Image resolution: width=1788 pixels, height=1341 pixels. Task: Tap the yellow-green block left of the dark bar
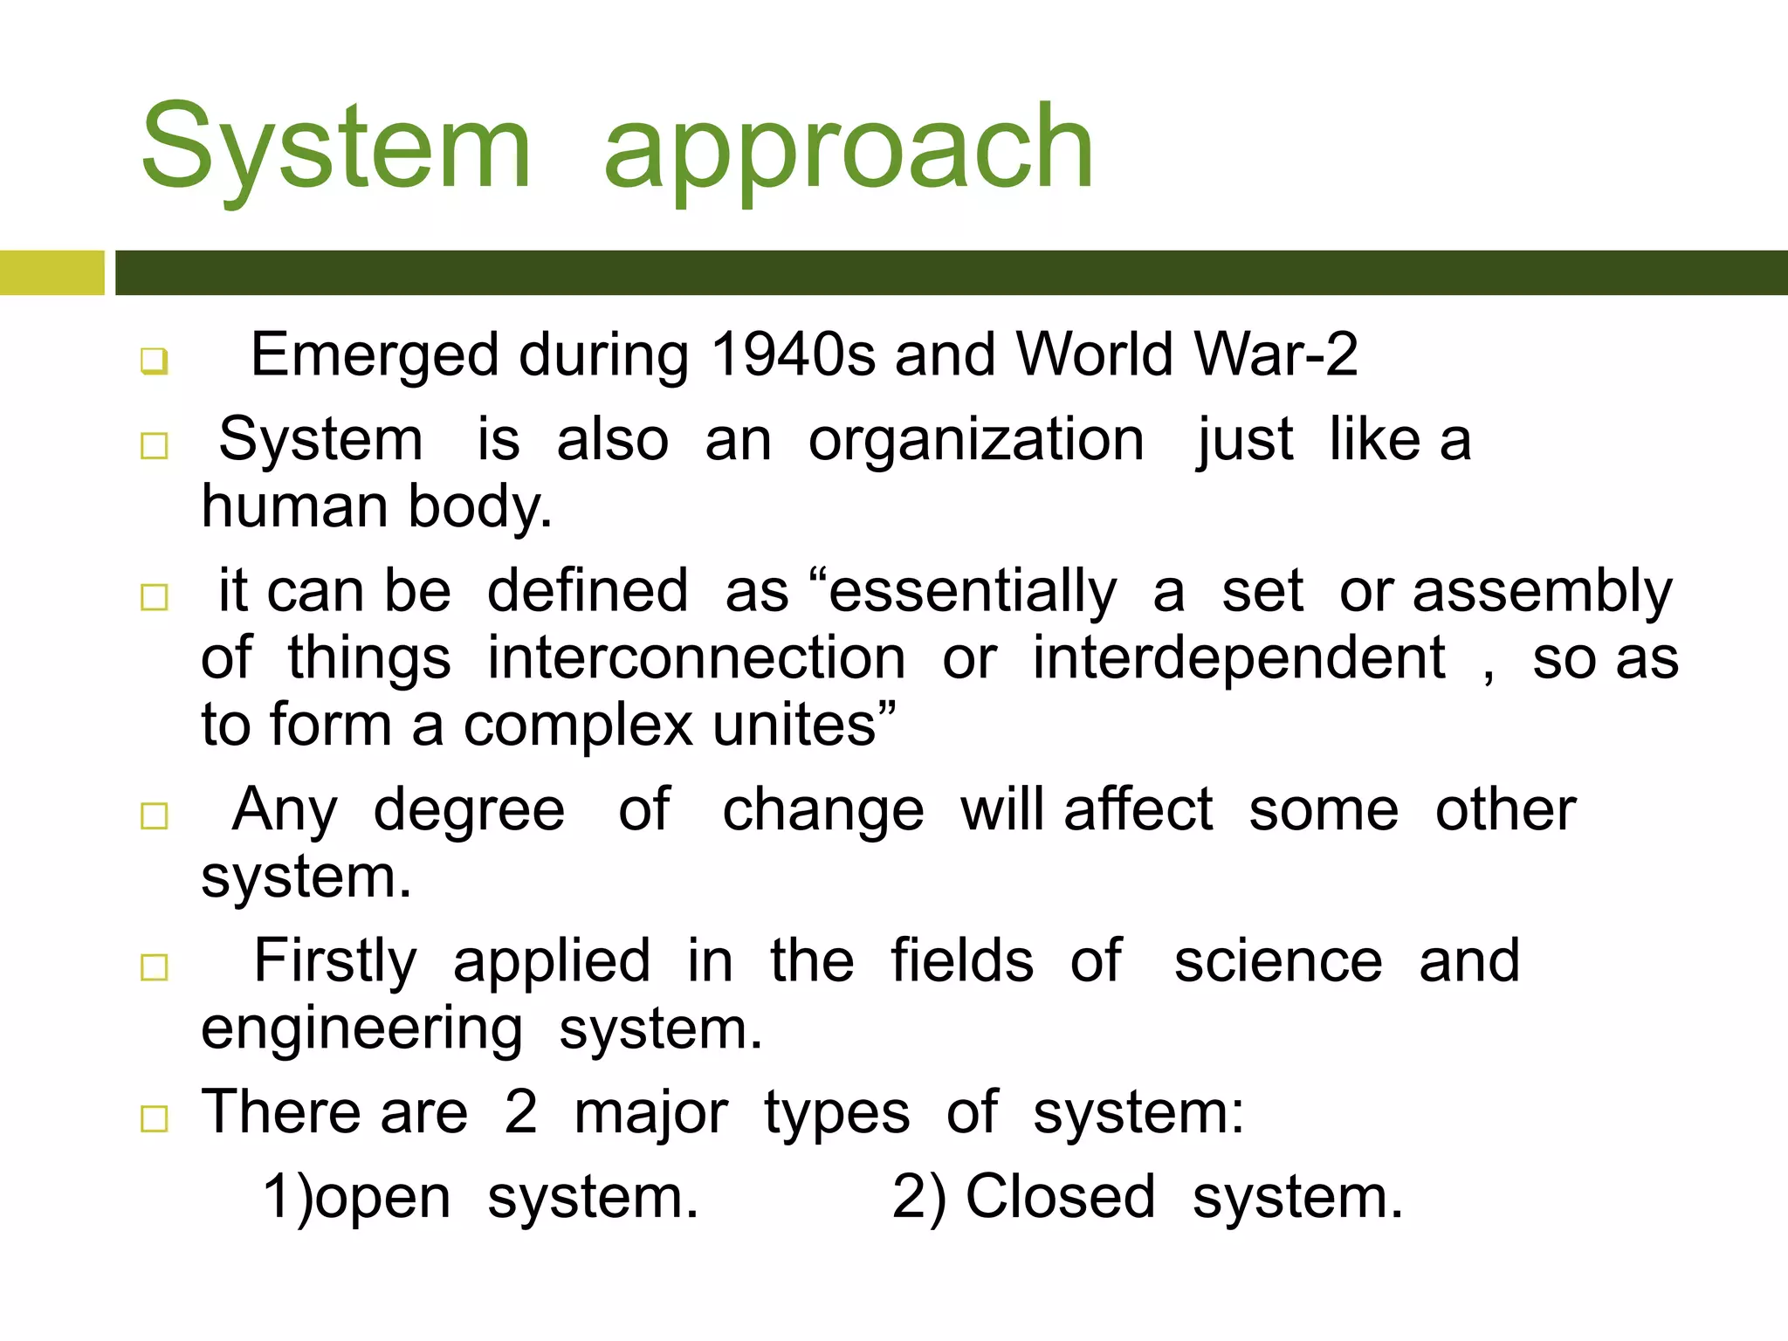point(52,272)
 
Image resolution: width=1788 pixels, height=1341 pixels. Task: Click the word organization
point(975,439)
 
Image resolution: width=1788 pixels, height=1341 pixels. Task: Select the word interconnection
point(696,657)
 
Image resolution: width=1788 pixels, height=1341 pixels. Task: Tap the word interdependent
point(1238,657)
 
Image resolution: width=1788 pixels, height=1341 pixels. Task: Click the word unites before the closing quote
point(794,725)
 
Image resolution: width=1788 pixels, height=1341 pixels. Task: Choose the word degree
point(469,810)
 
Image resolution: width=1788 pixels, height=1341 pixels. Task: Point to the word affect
point(1138,808)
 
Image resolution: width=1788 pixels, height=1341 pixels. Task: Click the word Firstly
point(335,961)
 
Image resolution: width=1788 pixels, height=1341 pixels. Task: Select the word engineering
point(361,1028)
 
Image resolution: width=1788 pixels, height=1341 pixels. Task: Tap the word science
point(1278,961)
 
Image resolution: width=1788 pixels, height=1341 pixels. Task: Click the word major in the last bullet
point(650,1113)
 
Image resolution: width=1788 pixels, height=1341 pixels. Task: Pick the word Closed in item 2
point(1060,1196)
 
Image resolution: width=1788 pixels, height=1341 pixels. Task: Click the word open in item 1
point(382,1198)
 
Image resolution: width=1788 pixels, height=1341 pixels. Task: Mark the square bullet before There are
point(155,1118)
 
